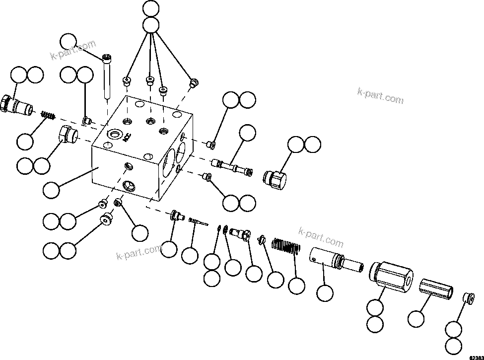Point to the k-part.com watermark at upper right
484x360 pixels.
[x=380, y=95]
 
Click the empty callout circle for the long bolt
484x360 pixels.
[x=69, y=42]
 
